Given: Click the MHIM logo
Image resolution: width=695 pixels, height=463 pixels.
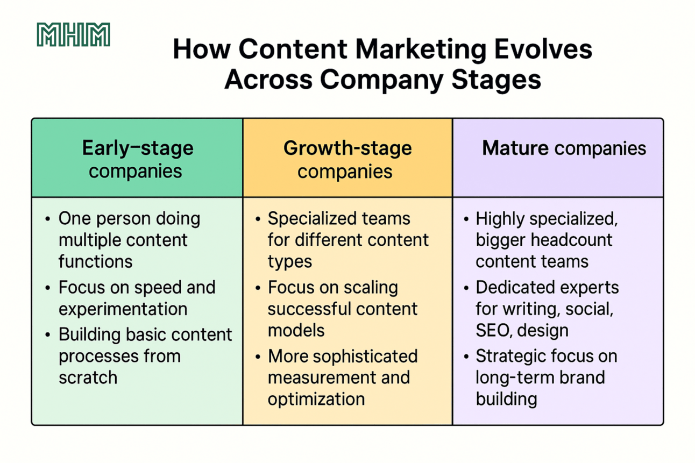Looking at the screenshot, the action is pos(74,34).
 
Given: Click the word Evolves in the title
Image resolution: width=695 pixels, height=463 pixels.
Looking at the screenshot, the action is pos(543,49).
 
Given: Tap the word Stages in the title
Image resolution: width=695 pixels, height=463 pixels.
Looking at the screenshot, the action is pos(496,80).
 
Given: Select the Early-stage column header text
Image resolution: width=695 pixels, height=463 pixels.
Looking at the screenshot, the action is pos(138,159).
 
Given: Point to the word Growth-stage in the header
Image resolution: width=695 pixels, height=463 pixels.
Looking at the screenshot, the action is pos(347,148).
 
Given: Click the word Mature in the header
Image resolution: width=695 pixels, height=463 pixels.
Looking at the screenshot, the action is pos(515,148).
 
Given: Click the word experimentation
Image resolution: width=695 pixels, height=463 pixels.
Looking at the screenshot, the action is pos(123,309).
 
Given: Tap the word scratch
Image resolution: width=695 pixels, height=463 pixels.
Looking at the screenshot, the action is pos(88,377).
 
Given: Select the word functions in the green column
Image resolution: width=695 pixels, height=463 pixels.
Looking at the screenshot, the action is pos(96,261).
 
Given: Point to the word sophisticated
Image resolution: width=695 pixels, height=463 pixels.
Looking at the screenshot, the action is pos(365,357).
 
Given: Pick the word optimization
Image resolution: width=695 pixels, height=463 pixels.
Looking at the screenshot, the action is pos(316,399).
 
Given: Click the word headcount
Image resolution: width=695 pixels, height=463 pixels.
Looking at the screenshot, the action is pos(571,240).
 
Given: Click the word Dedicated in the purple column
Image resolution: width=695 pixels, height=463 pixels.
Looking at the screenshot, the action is pos(512,288).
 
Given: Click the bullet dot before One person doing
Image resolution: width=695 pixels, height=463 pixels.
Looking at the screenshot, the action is pos(47,219).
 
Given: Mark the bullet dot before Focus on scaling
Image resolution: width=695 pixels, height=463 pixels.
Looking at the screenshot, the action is pos(258,288).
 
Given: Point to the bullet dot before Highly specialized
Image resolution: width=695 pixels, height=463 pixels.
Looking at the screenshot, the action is pos(466,219).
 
